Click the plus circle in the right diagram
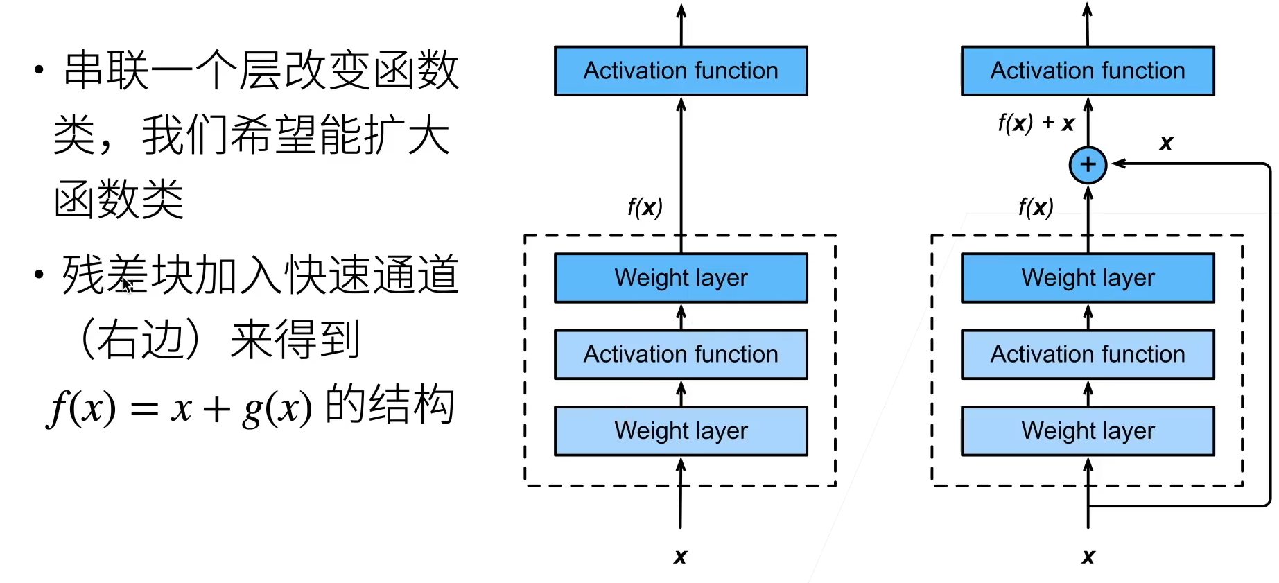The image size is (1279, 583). [1088, 165]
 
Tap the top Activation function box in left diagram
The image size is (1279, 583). [681, 71]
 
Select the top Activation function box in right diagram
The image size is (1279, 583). [1088, 71]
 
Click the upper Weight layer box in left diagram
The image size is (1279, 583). [681, 278]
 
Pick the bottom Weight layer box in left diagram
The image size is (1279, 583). [681, 430]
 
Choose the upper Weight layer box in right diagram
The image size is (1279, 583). [1088, 278]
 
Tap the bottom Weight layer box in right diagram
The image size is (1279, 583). [1088, 430]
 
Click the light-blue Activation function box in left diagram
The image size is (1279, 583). [681, 354]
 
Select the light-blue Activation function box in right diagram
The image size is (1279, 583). [1088, 354]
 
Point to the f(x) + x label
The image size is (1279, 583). [1036, 123]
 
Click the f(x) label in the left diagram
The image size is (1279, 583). [645, 207]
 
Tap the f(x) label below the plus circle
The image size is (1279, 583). [1035, 207]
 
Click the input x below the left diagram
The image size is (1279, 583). [680, 556]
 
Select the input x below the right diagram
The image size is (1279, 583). [1088, 556]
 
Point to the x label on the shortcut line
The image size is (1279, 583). [1166, 143]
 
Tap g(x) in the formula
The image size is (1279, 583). [277, 408]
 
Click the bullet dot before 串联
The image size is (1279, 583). [40, 69]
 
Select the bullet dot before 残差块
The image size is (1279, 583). [40, 275]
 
